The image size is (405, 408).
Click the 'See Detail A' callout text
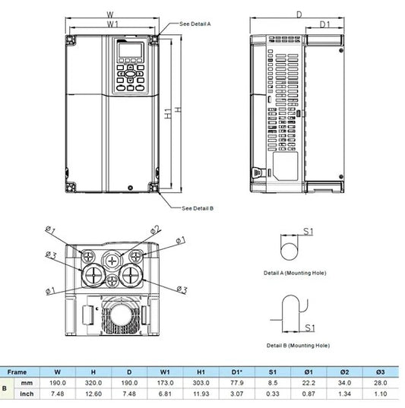point(195,24)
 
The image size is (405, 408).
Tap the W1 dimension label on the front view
point(111,24)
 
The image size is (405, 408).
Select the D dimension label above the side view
point(299,13)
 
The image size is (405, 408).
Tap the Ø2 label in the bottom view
point(156,229)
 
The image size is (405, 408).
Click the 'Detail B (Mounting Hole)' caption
point(298,344)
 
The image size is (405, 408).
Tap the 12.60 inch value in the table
point(92,394)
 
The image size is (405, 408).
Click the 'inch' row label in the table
point(27,394)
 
